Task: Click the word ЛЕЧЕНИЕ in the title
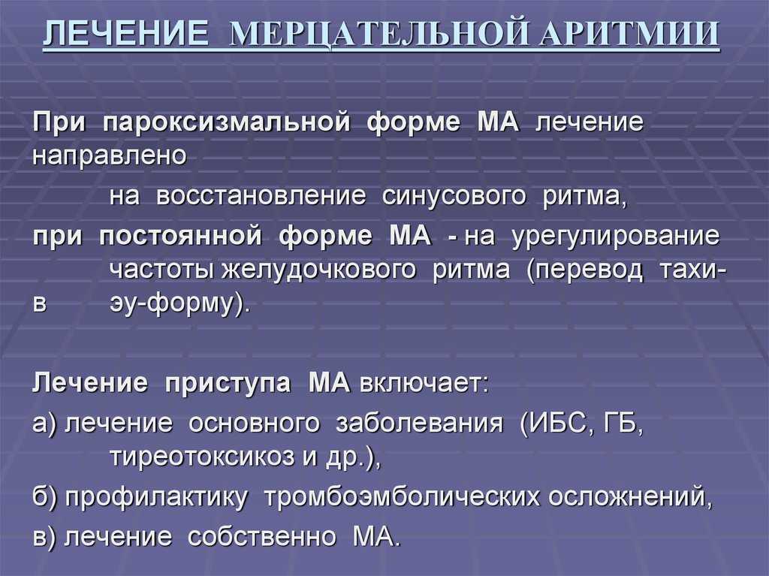[x=125, y=33]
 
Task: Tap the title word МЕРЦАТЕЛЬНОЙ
[x=378, y=33]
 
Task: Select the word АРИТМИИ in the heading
[x=629, y=33]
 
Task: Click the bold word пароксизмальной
[x=227, y=122]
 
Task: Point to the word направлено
[x=110, y=156]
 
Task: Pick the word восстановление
[x=261, y=196]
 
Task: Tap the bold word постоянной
[x=180, y=236]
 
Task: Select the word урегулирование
[x=616, y=237]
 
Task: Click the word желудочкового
[x=318, y=270]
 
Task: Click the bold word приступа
[x=228, y=383]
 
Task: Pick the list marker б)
[x=45, y=496]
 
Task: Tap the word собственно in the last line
[x=262, y=536]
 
